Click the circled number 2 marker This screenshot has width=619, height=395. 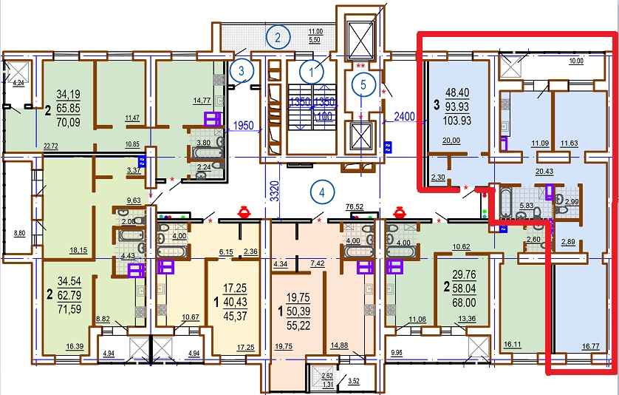[x=278, y=38]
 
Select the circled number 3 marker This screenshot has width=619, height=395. [x=242, y=71]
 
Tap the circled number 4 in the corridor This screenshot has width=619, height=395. [x=322, y=192]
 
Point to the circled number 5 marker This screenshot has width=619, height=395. [x=363, y=84]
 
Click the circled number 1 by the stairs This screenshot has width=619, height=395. [x=312, y=72]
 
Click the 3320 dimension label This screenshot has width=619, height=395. [x=275, y=191]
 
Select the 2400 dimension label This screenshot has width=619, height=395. [x=404, y=116]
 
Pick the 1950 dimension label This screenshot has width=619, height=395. [x=243, y=125]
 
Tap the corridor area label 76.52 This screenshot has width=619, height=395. [x=354, y=207]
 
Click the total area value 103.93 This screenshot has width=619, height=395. [x=457, y=120]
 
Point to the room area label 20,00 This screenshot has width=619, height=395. [x=451, y=141]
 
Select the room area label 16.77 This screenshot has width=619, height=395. [x=591, y=347]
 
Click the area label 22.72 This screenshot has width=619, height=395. [x=51, y=146]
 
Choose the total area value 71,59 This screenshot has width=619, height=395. [x=69, y=308]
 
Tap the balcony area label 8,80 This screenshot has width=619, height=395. [x=19, y=233]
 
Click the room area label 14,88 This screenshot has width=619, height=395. [x=339, y=345]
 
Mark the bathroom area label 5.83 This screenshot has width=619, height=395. [x=526, y=206]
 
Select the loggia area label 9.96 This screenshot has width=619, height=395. [x=397, y=353]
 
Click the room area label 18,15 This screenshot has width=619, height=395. [x=78, y=250]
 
